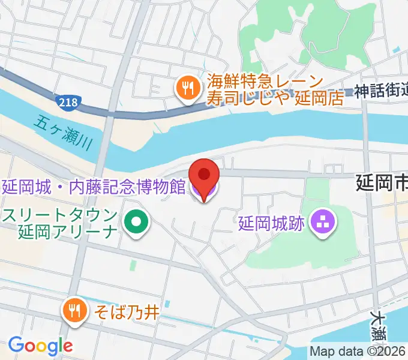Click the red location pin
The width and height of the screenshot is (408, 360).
[204, 175]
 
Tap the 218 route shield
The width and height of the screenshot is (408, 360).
[68, 102]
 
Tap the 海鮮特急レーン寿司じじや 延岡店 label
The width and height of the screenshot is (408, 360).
[275, 90]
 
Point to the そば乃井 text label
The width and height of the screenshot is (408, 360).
[125, 311]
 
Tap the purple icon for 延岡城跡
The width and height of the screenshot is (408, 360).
[324, 224]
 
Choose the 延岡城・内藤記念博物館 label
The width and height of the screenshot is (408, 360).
[93, 186]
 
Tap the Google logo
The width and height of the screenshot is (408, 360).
[40, 345]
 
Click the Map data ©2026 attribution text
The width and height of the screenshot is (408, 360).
[358, 352]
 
